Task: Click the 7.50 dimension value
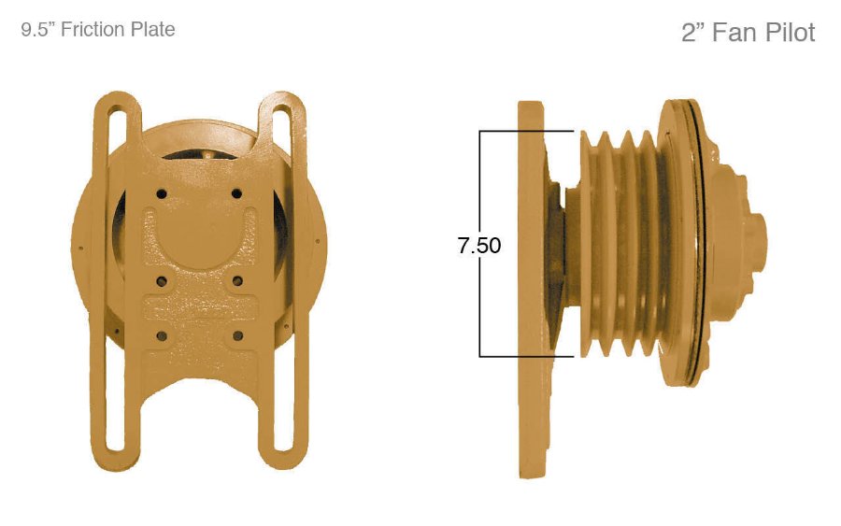478,246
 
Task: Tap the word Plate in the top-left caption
152,30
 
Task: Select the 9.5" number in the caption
37,30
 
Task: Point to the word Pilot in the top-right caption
786,34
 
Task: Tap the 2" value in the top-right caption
692,34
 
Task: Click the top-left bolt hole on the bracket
162,193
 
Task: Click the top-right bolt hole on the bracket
236,193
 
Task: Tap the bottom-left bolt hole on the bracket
162,334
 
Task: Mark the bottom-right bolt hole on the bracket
236,334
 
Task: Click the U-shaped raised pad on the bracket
199,238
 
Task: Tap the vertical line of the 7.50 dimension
480,299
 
